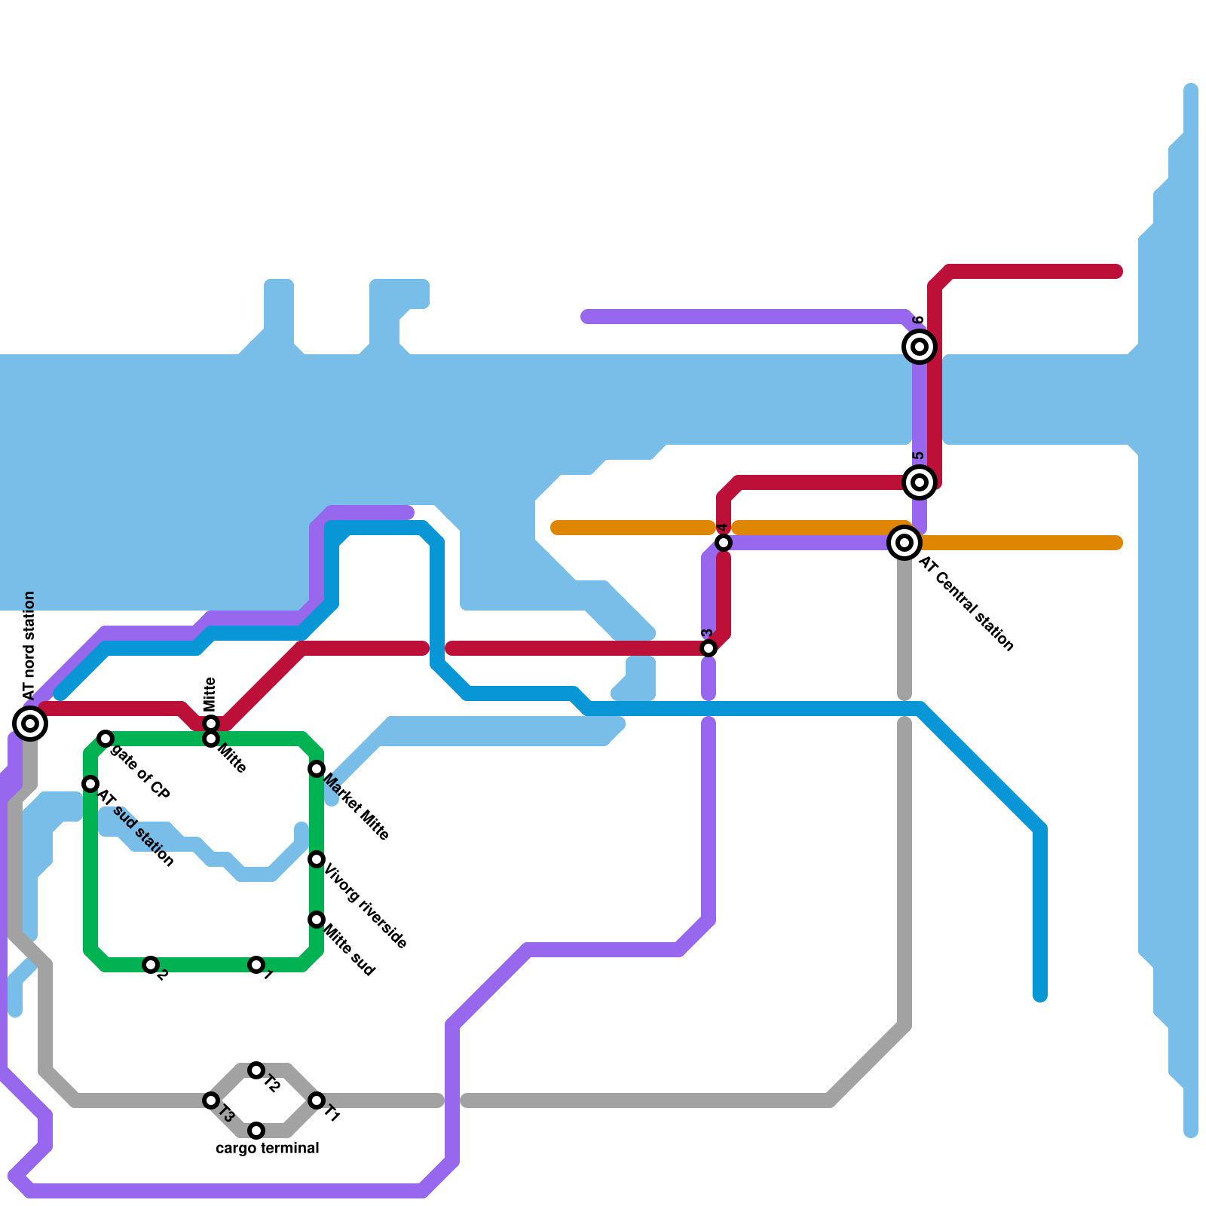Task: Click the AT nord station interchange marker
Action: [x=30, y=724]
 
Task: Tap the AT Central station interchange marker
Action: [x=904, y=543]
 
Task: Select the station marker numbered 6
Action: [x=920, y=347]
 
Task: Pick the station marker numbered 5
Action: [x=920, y=482]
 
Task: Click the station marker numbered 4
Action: [x=724, y=543]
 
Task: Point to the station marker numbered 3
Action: [x=709, y=648]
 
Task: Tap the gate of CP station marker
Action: [x=106, y=739]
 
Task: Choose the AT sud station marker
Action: [x=90, y=784]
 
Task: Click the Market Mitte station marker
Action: [x=317, y=769]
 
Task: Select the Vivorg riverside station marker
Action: [x=317, y=859]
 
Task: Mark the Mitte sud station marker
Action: [x=317, y=920]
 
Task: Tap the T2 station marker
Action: [x=256, y=1070]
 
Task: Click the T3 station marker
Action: [x=211, y=1100]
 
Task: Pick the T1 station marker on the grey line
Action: [x=317, y=1100]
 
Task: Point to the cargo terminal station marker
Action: [x=256, y=1131]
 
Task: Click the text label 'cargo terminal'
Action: [x=268, y=1149]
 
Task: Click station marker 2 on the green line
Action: [x=151, y=965]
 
